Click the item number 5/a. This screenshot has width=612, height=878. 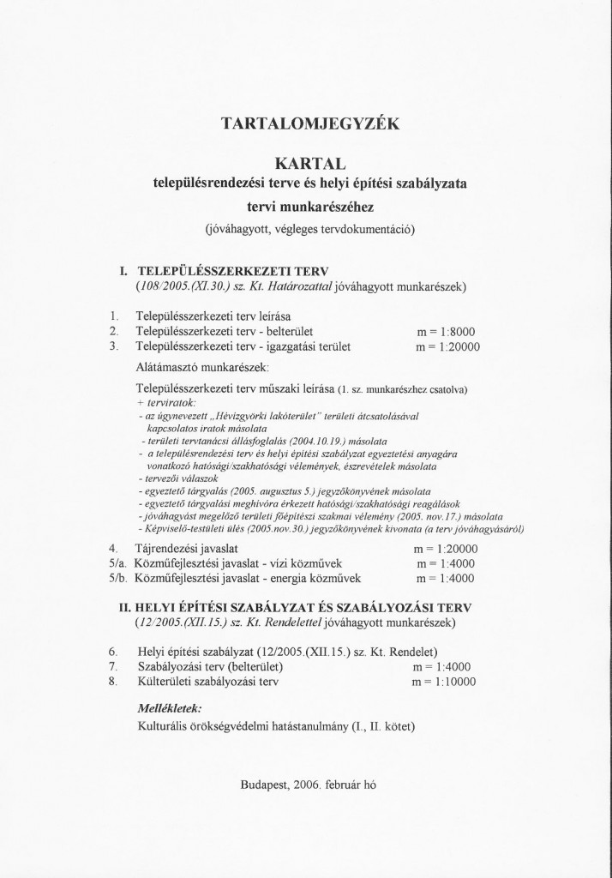pyautogui.click(x=118, y=563)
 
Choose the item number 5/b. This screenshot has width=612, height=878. pyautogui.click(x=118, y=579)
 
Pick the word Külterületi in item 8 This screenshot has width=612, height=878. pyautogui.click(x=166, y=683)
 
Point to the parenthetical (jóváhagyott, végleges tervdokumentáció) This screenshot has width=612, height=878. pyautogui.click(x=309, y=229)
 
